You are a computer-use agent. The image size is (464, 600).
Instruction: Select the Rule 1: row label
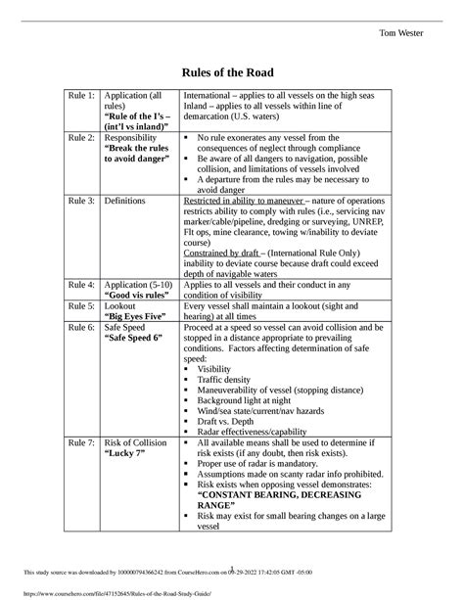click(81, 95)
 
